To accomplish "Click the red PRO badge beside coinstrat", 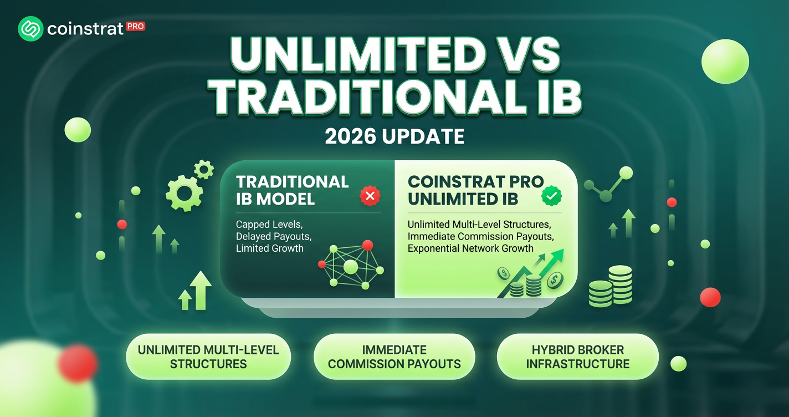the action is tap(135, 27).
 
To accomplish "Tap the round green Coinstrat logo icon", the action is tap(30, 28).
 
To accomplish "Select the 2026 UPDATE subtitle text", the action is tap(394, 136).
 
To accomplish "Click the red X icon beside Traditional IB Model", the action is tap(370, 196).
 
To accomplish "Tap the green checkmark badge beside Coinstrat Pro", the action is tap(552, 196).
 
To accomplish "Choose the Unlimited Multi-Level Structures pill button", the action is tap(208, 357).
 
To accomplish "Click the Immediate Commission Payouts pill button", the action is tap(394, 357).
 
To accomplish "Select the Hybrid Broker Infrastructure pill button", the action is tap(578, 357).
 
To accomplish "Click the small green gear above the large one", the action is tap(204, 170).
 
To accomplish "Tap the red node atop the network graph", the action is tap(367, 245).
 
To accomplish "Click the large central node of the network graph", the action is tap(351, 267).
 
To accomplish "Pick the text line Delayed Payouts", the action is tap(274, 236).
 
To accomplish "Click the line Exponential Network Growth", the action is tap(470, 248).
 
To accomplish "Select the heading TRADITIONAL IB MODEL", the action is tap(293, 190).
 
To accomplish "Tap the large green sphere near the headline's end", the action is tap(725, 62).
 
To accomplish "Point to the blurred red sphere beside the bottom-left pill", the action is tap(78, 363).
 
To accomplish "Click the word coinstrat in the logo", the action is tap(85, 29).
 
